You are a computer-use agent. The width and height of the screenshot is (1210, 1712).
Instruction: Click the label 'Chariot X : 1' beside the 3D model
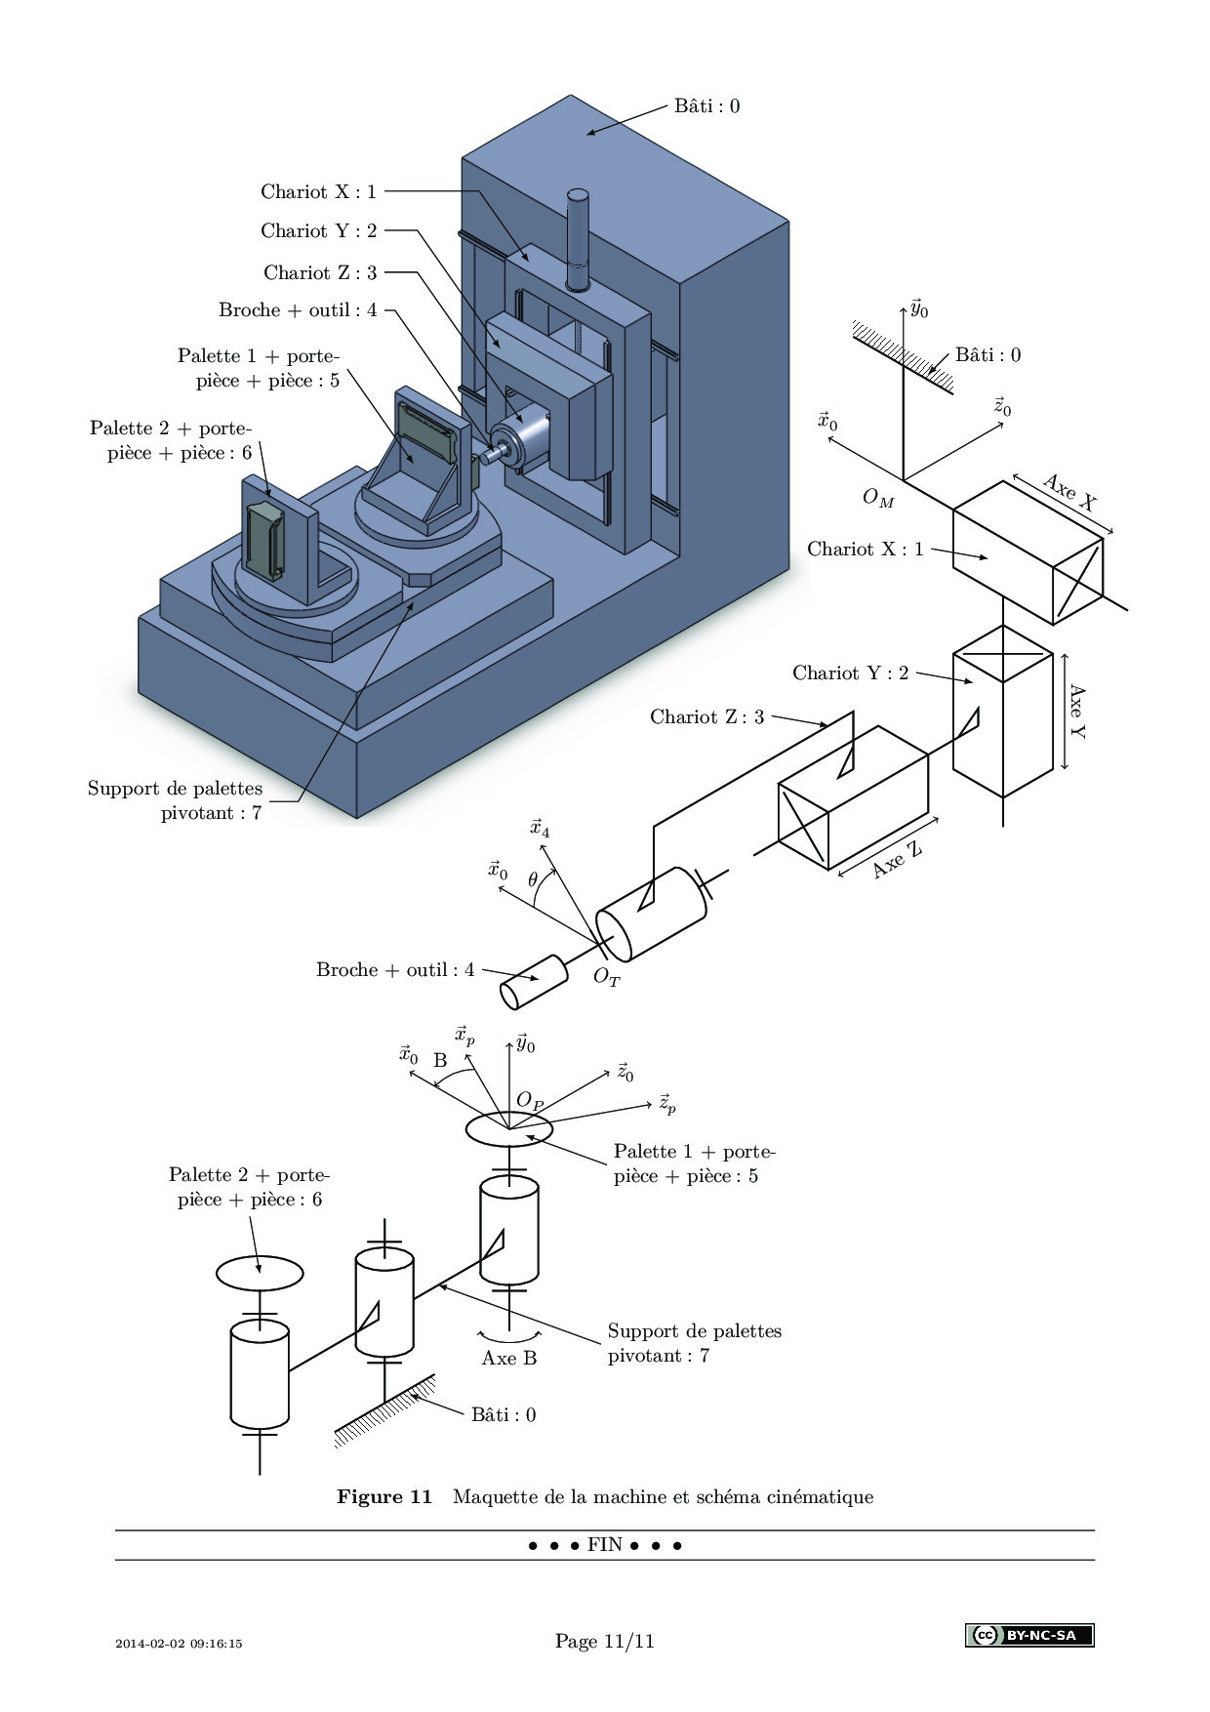point(318,191)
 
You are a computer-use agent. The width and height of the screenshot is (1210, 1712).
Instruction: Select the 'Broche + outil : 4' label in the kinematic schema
point(395,970)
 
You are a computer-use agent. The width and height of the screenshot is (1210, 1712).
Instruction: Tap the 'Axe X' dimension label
point(1069,493)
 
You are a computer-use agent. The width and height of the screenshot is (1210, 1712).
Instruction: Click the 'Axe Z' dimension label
point(897,859)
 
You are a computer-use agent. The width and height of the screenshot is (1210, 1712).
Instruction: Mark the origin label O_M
point(878,498)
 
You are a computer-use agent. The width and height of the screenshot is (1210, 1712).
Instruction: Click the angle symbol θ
point(533,879)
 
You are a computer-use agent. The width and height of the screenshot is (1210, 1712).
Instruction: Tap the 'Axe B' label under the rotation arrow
point(509,1358)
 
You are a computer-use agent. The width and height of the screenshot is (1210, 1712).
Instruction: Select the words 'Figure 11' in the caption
point(384,1496)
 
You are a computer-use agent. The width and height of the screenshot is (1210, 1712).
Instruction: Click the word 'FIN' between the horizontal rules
point(605,1545)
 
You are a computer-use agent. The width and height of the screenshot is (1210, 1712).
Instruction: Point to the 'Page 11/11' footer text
point(605,1641)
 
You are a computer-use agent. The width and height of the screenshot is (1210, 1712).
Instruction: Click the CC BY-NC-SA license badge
point(1029,1635)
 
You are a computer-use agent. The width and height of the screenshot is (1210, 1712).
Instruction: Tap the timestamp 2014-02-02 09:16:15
point(179,1644)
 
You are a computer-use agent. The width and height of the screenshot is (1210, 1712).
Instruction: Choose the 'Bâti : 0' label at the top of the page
point(706,105)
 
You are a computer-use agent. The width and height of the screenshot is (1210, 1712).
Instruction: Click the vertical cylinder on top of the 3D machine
point(580,238)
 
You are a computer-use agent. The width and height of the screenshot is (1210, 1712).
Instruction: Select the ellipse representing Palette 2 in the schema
point(260,1273)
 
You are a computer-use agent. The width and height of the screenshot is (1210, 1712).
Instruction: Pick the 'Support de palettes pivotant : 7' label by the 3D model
point(176,800)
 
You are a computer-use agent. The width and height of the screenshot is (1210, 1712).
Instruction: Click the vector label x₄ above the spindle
point(540,829)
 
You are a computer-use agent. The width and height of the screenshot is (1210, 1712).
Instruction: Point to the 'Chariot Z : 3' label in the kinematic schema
point(706,717)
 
